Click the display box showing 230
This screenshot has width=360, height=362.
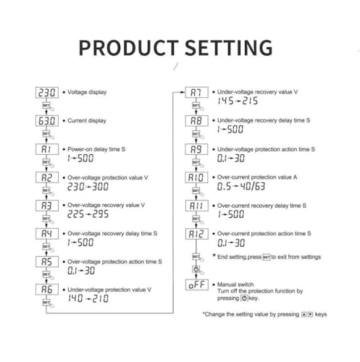coord(47,93)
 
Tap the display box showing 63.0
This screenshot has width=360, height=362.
coord(47,121)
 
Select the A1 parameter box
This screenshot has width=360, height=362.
coord(47,149)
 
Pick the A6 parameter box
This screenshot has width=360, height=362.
coord(47,290)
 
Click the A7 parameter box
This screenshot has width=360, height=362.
coord(196,92)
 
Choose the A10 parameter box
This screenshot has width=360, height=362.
coord(196,177)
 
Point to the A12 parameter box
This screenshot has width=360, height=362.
coord(197,234)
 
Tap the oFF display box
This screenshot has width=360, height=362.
coord(197,285)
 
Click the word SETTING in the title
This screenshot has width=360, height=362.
coord(229,48)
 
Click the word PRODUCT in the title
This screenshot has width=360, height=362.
coord(128,48)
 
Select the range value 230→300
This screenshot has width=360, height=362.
coord(88,187)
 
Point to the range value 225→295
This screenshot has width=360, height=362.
coord(88,214)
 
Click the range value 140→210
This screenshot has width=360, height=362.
coord(88,298)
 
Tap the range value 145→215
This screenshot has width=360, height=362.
coord(238,101)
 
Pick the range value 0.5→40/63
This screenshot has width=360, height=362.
coord(241,186)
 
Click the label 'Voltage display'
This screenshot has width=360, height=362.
coord(87,92)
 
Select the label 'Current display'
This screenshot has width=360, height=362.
coord(87,121)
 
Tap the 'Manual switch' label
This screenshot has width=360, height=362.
coord(235,285)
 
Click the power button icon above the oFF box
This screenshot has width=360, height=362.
coord(196,269)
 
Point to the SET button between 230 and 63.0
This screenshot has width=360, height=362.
coord(46,106)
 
